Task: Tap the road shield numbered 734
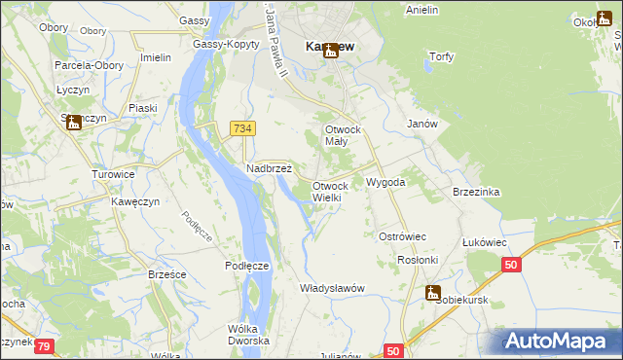242,127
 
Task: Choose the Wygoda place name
385,182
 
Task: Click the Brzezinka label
476,192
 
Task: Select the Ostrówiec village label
403,236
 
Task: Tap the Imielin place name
156,57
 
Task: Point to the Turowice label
113,174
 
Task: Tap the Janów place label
421,124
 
